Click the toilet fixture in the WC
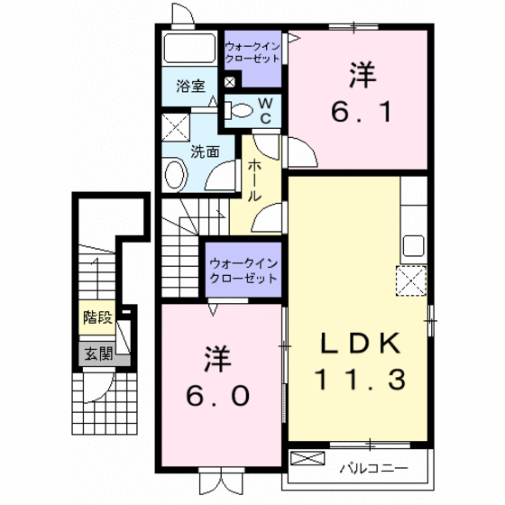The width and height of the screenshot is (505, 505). pos(238,110)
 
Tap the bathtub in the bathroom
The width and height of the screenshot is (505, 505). pos(189,49)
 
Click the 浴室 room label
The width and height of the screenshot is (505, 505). pos(190,87)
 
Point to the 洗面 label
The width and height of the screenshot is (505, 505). pos(206,151)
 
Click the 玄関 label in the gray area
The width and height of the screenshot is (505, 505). pos(98,353)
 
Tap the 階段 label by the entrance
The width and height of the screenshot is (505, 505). pos(97,317)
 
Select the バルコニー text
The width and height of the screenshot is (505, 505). pos(374,468)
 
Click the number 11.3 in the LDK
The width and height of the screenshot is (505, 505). pos(361,380)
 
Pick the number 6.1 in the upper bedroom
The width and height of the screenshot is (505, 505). pos(362,112)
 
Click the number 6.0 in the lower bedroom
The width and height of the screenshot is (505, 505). pos(217,396)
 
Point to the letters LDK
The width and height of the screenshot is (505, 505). pos(361,344)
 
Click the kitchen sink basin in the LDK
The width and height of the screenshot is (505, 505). pos(414,245)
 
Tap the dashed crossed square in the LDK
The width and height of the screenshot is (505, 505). pos(411,280)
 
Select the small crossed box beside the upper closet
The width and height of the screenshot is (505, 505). pos(230,82)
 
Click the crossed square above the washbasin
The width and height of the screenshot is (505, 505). pos(176,127)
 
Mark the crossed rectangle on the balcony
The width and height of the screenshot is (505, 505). pos(308,458)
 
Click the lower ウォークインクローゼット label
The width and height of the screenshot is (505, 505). pos(243,271)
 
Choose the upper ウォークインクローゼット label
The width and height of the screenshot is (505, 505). pos(252,52)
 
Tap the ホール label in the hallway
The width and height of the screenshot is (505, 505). pos(254,180)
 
